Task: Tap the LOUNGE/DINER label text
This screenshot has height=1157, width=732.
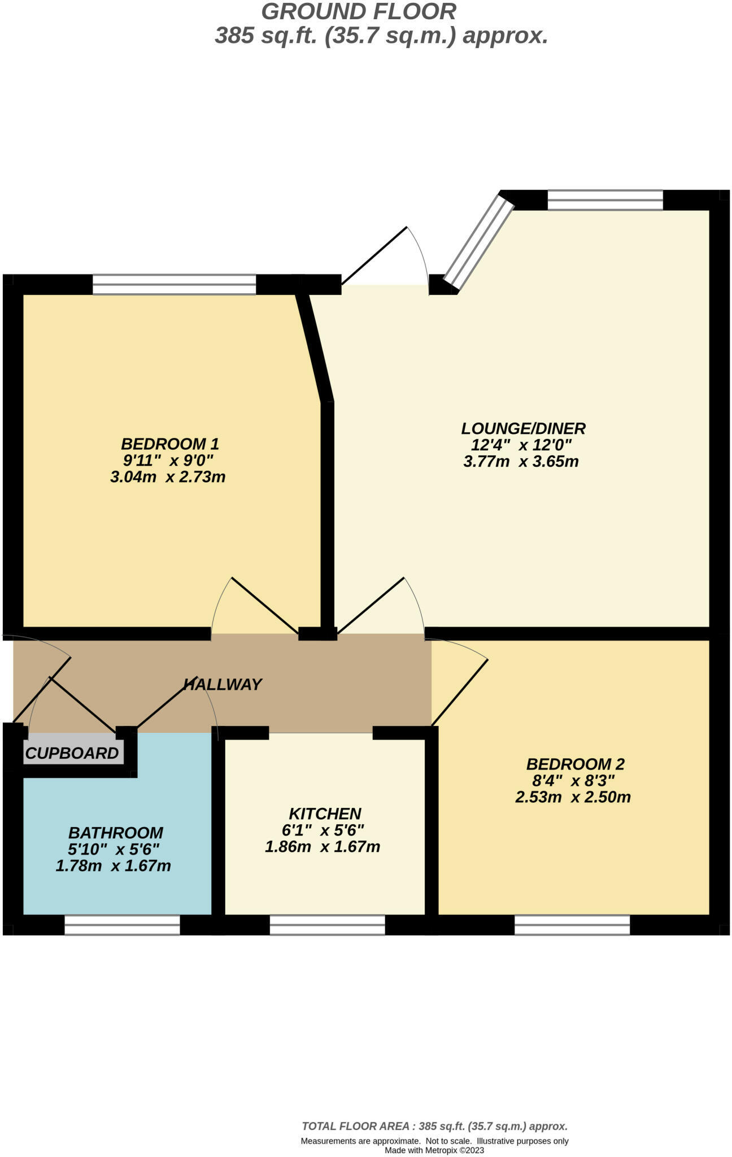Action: [523, 428]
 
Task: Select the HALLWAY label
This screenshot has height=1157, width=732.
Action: [223, 685]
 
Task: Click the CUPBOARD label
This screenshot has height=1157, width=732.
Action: [72, 753]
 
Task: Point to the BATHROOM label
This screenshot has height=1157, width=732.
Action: [116, 833]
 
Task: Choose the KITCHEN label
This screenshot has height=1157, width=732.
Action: [325, 814]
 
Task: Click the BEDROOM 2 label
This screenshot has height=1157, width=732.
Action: [575, 764]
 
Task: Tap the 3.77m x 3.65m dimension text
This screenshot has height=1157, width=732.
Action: [521, 462]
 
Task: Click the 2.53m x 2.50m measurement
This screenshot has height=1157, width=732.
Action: [573, 797]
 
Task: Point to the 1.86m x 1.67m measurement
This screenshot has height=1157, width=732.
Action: [323, 847]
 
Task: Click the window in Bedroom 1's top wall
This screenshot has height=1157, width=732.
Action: [174, 284]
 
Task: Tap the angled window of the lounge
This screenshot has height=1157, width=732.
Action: [478, 242]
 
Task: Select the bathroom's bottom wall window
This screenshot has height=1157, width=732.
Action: [122, 925]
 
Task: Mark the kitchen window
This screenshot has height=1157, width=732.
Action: [327, 925]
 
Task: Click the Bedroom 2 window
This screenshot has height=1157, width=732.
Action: [572, 925]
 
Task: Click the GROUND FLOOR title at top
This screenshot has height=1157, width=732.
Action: [359, 12]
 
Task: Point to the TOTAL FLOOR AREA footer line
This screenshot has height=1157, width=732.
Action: [434, 1126]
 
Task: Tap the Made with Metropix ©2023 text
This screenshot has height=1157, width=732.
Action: [434, 1150]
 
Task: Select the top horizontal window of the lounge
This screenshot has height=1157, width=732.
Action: [605, 200]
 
